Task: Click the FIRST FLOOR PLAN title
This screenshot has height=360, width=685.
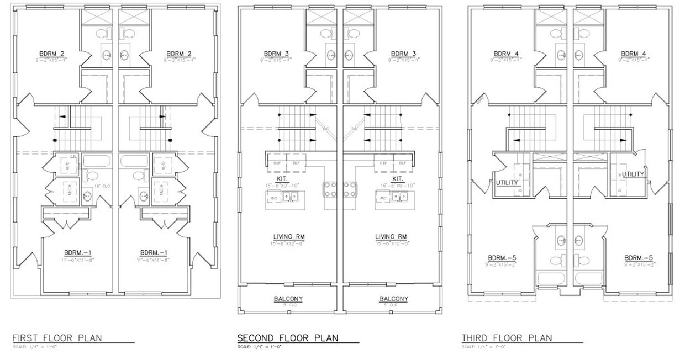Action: [57, 338]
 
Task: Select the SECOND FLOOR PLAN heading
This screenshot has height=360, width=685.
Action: [287, 338]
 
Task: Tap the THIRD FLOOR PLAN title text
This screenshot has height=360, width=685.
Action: [507, 338]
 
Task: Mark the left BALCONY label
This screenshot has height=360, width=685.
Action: [288, 299]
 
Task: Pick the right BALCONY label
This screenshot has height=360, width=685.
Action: [394, 299]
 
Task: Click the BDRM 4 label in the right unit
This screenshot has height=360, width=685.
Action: [633, 54]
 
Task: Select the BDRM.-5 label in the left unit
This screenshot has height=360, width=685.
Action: [502, 258]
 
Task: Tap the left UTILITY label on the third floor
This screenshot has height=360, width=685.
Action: [507, 182]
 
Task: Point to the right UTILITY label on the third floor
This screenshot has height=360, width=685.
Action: [633, 174]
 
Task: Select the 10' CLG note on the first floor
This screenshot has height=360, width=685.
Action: [103, 187]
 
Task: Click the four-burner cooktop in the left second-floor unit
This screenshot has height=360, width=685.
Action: [330, 189]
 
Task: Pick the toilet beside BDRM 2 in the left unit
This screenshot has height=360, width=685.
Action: [103, 34]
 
